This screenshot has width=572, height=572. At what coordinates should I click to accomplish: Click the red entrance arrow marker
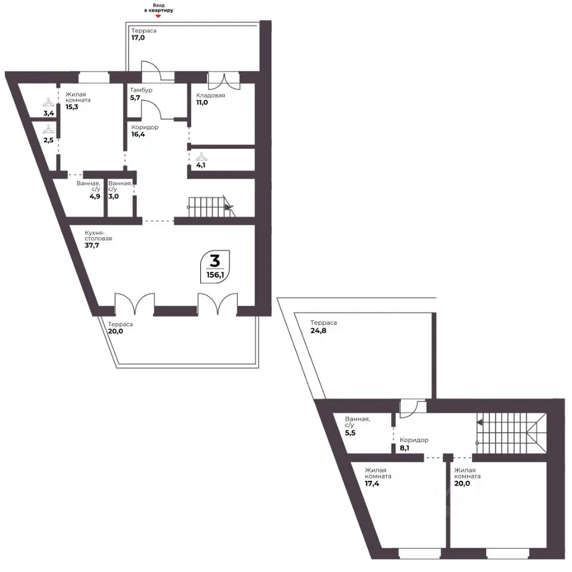click(x=158, y=16)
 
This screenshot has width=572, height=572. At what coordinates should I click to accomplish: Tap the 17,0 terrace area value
click(x=138, y=38)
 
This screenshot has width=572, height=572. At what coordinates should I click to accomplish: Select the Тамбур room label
click(x=141, y=90)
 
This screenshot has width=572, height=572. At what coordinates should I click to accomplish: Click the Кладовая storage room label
click(x=210, y=95)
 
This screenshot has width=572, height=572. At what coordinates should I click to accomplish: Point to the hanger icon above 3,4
click(x=48, y=102)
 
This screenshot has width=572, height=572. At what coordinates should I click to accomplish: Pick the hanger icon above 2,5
click(x=48, y=129)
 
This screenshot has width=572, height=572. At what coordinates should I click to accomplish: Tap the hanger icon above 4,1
click(x=201, y=157)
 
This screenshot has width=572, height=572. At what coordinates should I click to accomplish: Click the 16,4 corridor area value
click(x=138, y=134)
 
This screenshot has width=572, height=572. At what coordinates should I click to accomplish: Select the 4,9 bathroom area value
click(x=95, y=196)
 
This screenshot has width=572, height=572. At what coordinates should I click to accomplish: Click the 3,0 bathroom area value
click(x=113, y=196)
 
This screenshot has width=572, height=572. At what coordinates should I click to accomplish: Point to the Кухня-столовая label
click(x=98, y=235)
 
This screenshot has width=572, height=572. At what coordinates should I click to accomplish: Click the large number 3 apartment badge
click(x=215, y=261)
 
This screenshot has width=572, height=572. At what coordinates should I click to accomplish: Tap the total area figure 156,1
click(x=215, y=275)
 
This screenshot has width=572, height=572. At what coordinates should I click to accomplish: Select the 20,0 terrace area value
click(x=115, y=331)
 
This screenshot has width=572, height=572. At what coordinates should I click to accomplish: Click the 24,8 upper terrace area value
click(x=318, y=331)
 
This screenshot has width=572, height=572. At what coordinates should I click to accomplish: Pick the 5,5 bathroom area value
click(x=350, y=433)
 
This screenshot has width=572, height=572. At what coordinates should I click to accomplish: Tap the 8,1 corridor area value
click(x=405, y=448)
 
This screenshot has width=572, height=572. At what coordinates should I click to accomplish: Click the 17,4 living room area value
click(x=372, y=484)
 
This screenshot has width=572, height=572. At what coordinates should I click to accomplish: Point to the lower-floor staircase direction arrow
click(x=229, y=207)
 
